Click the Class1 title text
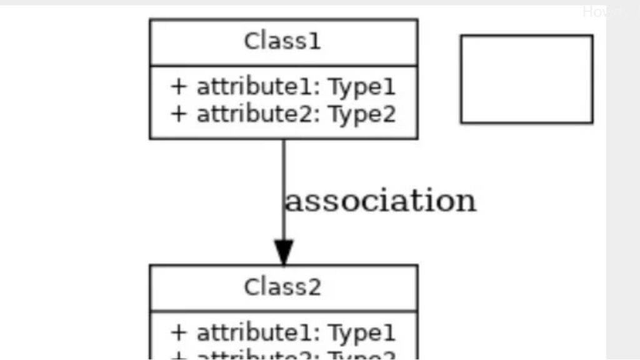[282, 42]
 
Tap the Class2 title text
[282, 287]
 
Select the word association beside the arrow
[381, 201]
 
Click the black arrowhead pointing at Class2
[284, 252]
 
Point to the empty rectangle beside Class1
[526, 79]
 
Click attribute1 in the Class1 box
[258, 87]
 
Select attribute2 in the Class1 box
[258, 114]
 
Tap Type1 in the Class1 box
[362, 87]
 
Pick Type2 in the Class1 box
[362, 115]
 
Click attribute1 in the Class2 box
[258, 333]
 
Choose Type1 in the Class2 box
[362, 334]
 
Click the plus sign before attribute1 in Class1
[179, 87]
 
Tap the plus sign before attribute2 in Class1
[179, 114]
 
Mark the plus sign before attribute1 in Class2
[179, 333]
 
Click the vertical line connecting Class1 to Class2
[284, 169]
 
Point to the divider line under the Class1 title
[283, 65]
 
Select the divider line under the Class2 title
[283, 311]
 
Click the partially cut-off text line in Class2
[282, 356]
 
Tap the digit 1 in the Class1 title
[316, 42]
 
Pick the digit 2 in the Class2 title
[315, 287]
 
